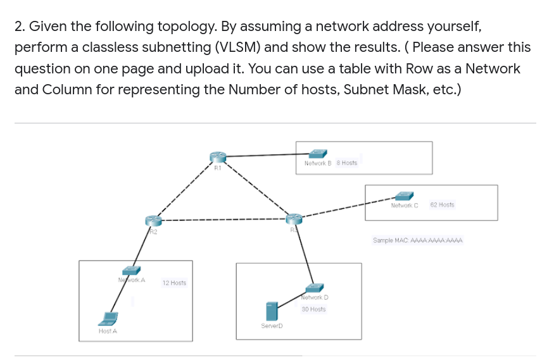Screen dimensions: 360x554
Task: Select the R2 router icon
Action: point(153,220)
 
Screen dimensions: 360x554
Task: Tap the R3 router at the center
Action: point(293,219)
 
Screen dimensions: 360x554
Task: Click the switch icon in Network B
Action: point(318,153)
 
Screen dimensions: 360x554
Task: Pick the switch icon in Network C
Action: point(405,196)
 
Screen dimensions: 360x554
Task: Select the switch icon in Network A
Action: point(131,270)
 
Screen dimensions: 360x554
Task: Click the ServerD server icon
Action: point(272,311)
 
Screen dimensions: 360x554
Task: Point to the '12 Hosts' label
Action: point(174,283)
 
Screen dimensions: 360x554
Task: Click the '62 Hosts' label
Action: point(442,205)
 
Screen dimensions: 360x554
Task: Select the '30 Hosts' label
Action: point(313,309)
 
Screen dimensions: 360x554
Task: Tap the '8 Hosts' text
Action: point(347,163)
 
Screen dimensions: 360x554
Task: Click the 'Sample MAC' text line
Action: point(418,240)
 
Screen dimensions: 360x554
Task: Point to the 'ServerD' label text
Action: point(271,326)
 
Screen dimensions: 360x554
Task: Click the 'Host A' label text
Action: point(108,331)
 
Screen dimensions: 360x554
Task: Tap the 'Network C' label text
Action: point(405,205)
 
